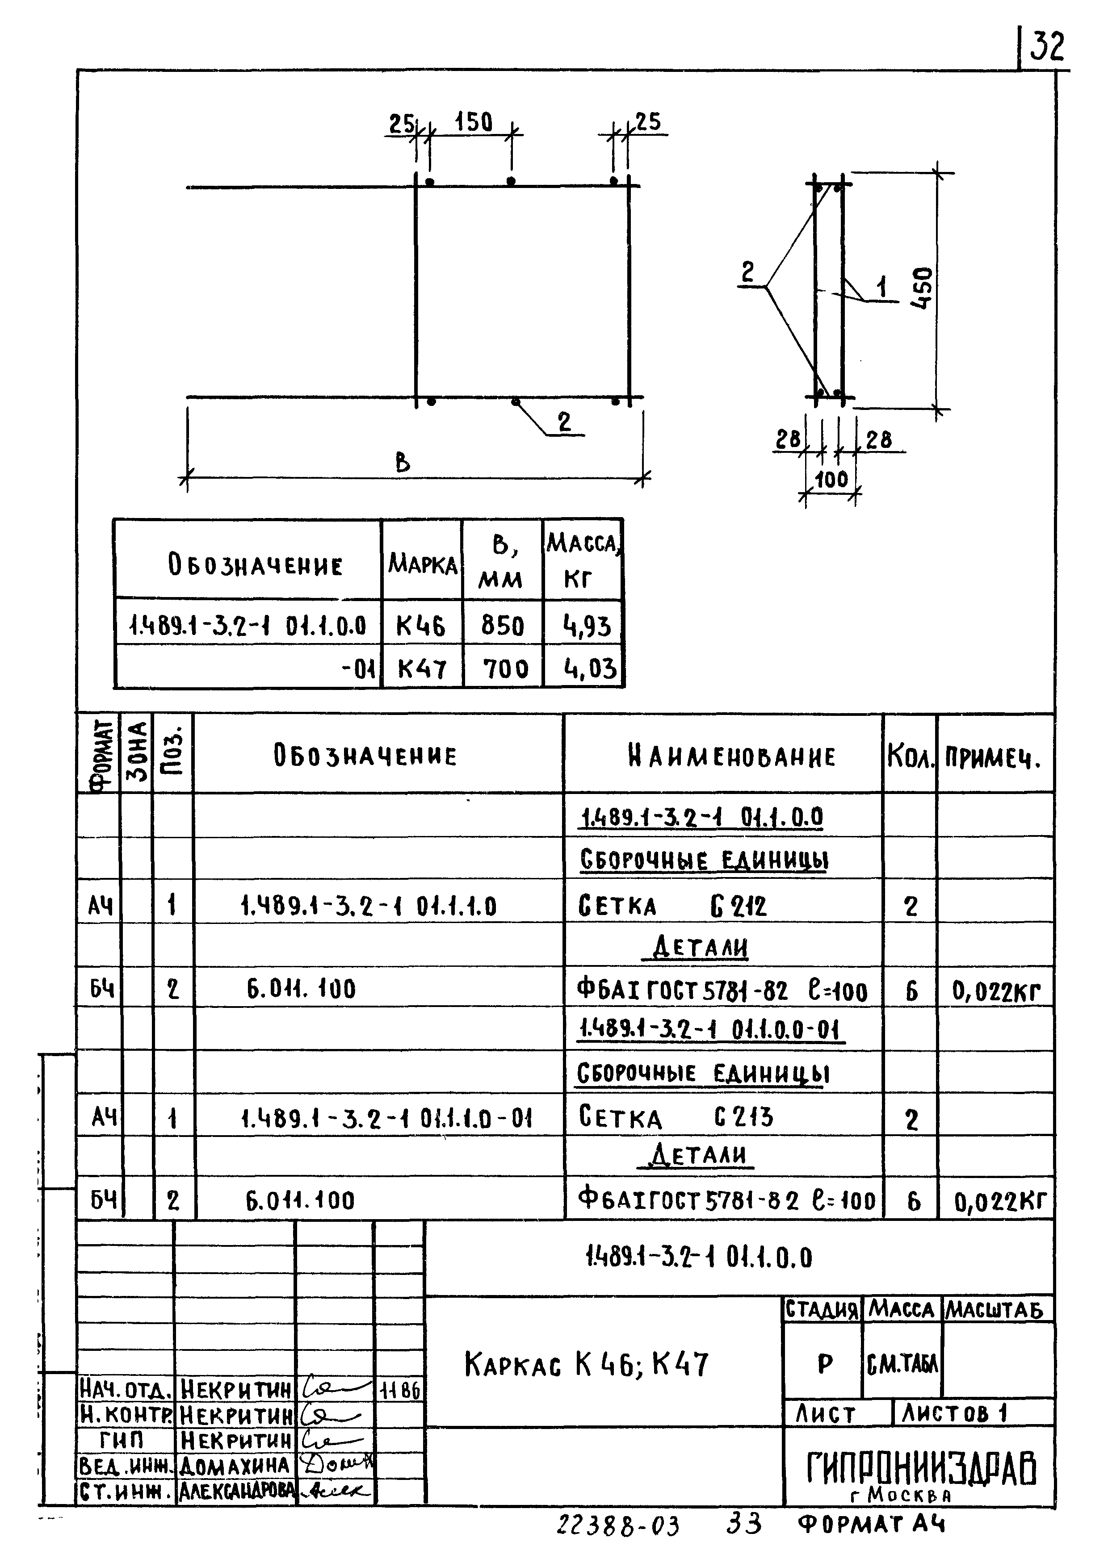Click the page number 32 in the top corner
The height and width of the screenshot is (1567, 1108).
coord(1046,47)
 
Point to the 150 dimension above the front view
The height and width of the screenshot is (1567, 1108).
coord(473,122)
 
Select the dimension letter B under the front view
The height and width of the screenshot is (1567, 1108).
coord(403,464)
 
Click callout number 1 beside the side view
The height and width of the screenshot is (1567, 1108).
coord(881,287)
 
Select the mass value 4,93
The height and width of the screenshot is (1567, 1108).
coord(587,626)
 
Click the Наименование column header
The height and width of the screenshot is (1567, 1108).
coord(731,756)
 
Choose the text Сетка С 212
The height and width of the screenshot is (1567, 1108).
coord(672,907)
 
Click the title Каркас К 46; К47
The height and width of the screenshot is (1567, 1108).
coord(587,1364)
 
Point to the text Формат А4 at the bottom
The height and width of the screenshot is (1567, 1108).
coord(871,1524)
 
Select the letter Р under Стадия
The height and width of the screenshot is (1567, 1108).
coord(825,1364)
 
